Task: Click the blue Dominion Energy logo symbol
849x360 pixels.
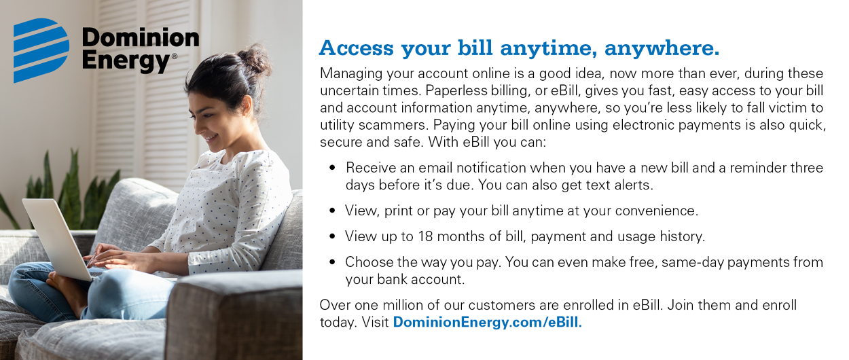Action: click(x=41, y=50)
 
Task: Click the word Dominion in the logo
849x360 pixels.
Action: click(x=140, y=37)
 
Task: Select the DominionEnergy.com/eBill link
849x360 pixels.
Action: click(x=487, y=323)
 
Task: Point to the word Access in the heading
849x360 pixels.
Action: click(x=356, y=49)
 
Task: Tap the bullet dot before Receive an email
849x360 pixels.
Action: click(x=332, y=167)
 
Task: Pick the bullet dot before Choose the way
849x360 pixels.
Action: click(x=332, y=262)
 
